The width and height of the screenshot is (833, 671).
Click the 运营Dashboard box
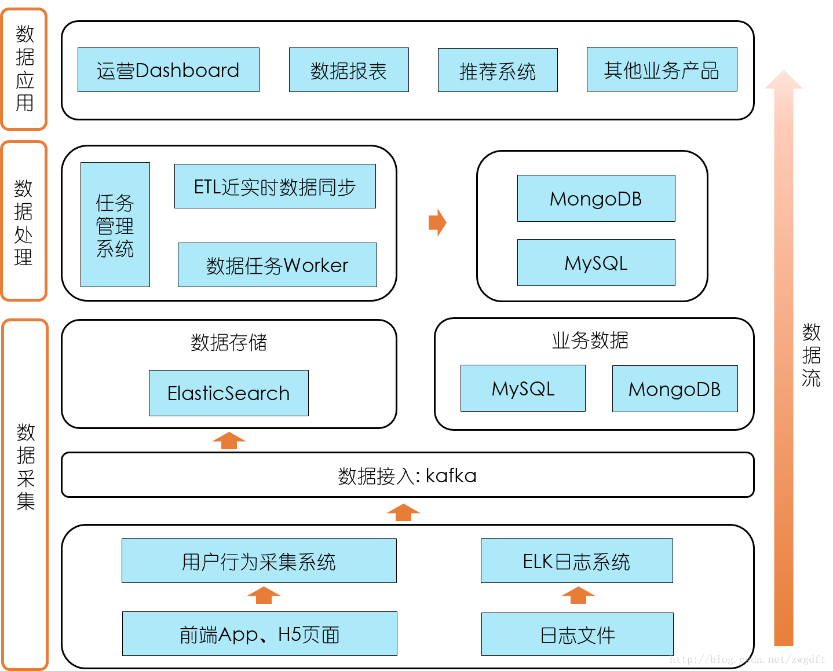click(x=168, y=70)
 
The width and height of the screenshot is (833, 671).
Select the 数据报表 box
click(x=349, y=70)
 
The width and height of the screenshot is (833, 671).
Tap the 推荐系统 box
click(x=498, y=70)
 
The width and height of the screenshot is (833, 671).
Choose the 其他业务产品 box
click(x=662, y=69)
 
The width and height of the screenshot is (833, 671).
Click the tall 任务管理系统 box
click(x=115, y=225)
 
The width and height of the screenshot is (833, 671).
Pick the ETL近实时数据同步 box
click(x=275, y=186)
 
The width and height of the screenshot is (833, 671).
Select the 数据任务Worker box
click(x=277, y=265)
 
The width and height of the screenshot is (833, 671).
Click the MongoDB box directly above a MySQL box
click(x=596, y=199)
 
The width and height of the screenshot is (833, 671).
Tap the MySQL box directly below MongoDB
click(x=596, y=263)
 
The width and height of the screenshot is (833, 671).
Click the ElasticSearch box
click(x=228, y=393)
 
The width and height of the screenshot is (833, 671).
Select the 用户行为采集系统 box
click(x=259, y=561)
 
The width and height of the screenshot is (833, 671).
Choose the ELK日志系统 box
click(x=576, y=561)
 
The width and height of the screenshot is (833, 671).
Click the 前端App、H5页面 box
click(x=260, y=634)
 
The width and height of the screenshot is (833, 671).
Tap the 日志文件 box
click(x=577, y=635)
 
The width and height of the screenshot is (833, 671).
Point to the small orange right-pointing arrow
click(x=437, y=223)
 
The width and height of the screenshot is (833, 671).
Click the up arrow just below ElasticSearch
click(x=229, y=441)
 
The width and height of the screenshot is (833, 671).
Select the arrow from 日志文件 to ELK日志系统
click(x=578, y=596)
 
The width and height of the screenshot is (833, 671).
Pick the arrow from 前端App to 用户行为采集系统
click(x=264, y=596)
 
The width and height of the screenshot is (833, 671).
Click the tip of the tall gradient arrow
click(x=783, y=73)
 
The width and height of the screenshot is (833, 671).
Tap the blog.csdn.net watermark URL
click(x=747, y=659)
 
